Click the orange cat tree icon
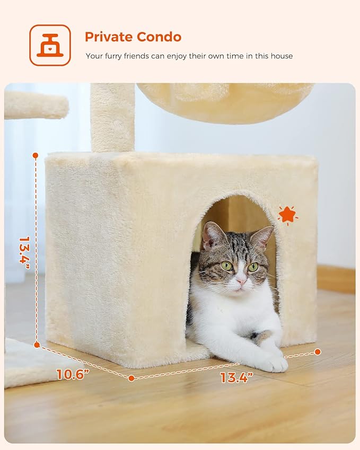50,45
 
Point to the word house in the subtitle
281,56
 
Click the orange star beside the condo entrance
287,215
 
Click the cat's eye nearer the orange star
253,267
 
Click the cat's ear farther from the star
213,235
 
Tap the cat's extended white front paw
271,363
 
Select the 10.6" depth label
73,374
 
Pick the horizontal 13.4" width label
236,377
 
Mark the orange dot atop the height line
36,155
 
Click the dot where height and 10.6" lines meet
37,345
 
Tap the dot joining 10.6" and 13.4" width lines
131,378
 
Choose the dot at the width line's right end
318,351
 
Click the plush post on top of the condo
112,117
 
